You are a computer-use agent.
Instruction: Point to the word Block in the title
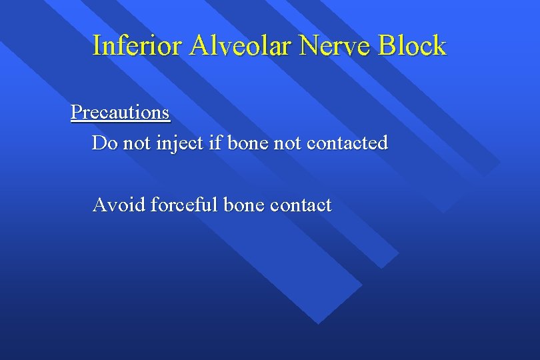point(413,46)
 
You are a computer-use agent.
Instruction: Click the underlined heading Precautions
point(120,112)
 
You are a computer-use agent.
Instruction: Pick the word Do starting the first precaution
point(103,143)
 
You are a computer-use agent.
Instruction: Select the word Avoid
point(119,205)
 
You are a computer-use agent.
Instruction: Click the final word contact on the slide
point(301,205)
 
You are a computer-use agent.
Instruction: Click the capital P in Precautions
point(76,112)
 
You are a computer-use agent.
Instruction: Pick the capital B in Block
point(387,46)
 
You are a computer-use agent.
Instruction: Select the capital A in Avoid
point(99,205)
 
